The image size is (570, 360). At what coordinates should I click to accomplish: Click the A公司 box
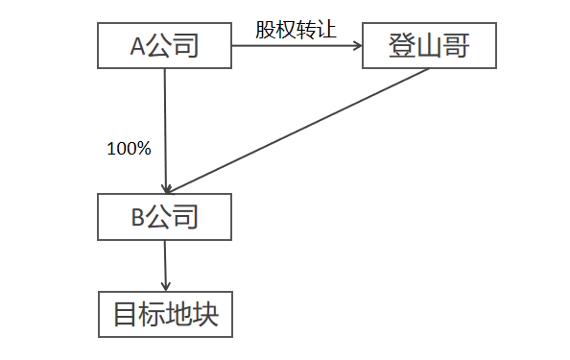click(x=165, y=45)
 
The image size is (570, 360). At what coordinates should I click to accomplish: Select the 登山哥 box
click(x=429, y=45)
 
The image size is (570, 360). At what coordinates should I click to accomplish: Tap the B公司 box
click(x=165, y=217)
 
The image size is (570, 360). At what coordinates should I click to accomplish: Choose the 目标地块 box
click(x=165, y=314)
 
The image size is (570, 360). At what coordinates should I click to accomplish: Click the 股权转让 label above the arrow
click(x=296, y=28)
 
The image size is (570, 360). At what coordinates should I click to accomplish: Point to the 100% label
click(x=129, y=149)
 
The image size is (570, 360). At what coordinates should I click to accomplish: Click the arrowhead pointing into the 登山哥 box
click(x=356, y=45)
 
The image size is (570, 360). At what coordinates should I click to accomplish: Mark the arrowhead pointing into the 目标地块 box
click(x=166, y=285)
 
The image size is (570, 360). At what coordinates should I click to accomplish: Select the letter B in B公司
click(x=137, y=218)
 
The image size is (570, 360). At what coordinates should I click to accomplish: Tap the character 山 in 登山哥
click(x=429, y=45)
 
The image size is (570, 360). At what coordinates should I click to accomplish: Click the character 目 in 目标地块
click(x=125, y=315)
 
